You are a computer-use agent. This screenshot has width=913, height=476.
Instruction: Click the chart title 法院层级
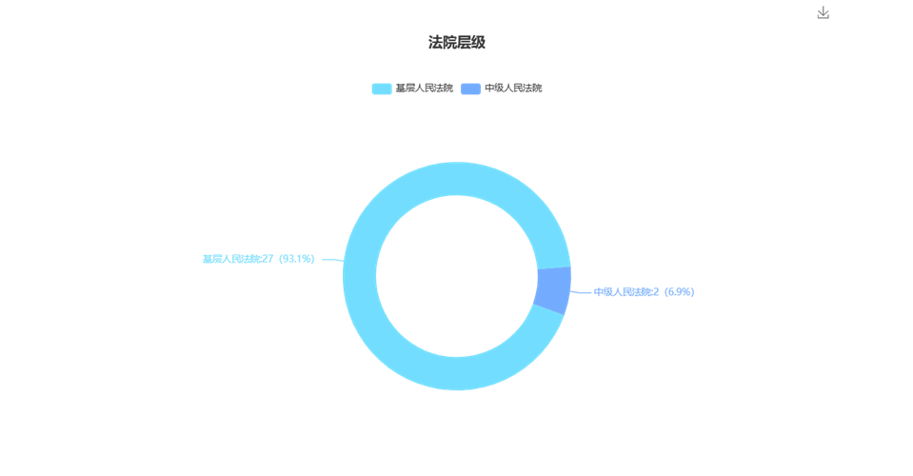point(457,43)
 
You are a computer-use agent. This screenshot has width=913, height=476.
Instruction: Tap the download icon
point(823,12)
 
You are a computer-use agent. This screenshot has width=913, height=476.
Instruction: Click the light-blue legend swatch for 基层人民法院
point(382,89)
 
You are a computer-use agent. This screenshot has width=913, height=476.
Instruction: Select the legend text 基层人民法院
point(424,89)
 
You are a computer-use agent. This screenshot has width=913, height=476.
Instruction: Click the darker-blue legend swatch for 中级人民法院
point(470,89)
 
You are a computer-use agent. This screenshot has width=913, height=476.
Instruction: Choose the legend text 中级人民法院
point(513,89)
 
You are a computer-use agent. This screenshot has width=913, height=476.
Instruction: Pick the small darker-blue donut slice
point(553,289)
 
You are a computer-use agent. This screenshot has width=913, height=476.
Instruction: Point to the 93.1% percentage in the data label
point(297,259)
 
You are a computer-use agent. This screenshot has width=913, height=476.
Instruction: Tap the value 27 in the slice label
point(268,259)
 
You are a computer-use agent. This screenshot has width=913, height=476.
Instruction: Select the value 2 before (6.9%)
point(656,292)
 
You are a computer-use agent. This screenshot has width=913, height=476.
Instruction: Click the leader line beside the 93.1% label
point(333,260)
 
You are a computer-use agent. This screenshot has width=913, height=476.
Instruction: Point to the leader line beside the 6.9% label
point(581,292)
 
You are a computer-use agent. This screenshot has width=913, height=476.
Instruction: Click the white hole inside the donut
point(457,276)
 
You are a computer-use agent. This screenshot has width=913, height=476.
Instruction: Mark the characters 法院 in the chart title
point(442,43)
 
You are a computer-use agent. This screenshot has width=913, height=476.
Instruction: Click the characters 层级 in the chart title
point(471,43)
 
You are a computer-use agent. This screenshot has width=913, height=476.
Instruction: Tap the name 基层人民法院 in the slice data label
point(230,259)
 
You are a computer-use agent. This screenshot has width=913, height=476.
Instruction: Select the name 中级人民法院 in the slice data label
point(622,292)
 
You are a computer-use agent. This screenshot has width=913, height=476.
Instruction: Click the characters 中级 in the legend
point(494,89)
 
